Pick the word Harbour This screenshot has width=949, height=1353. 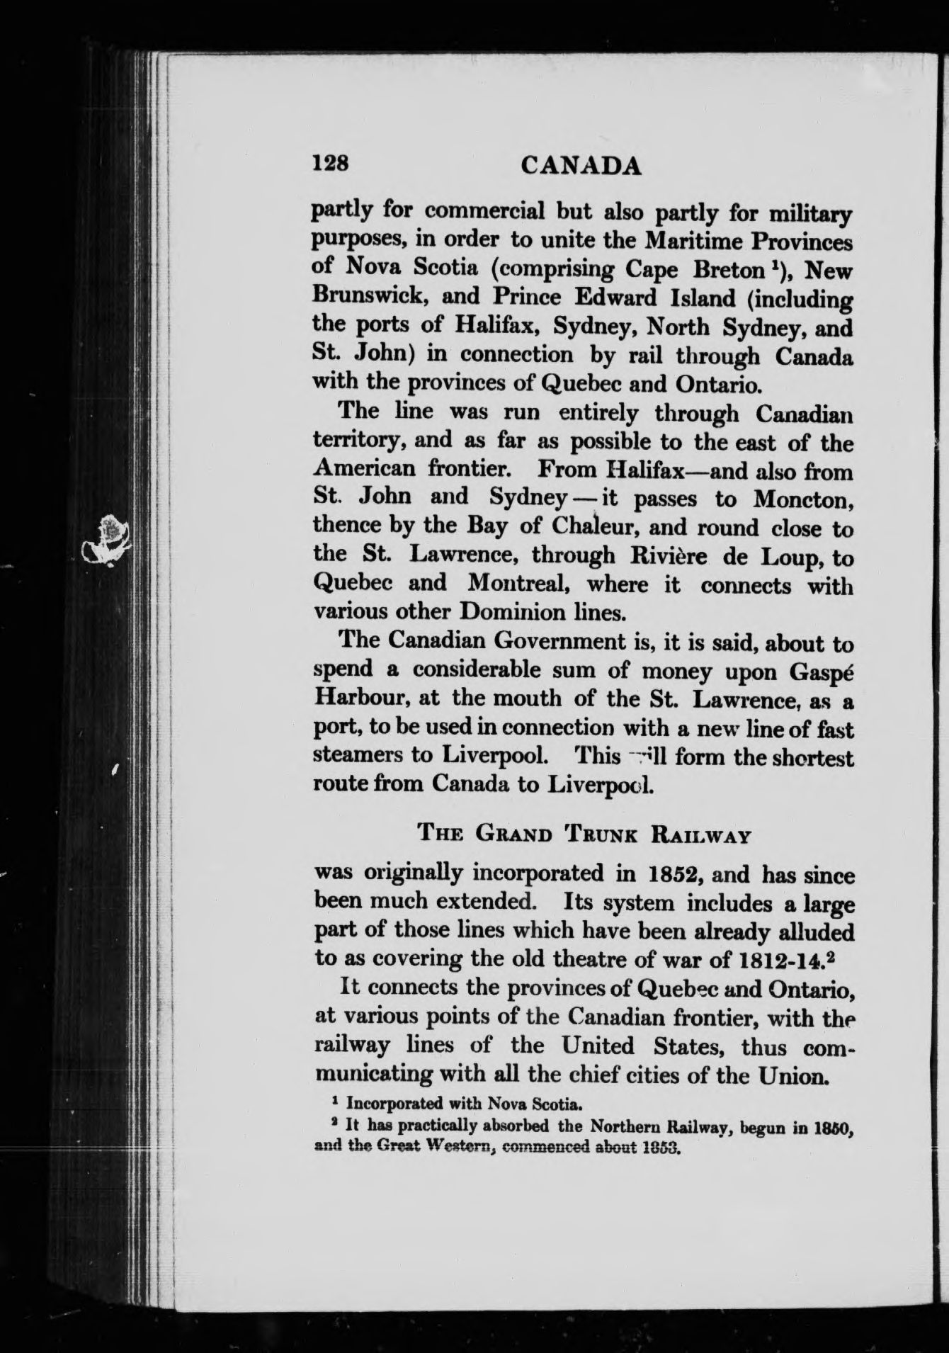coord(359,700)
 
